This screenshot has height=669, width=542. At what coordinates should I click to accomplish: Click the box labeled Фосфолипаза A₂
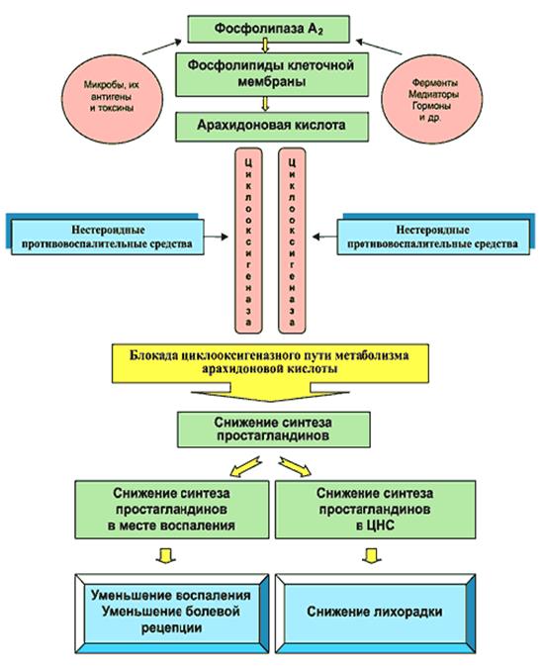pos(268,29)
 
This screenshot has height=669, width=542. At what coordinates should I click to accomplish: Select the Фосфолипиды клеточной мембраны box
pos(272,74)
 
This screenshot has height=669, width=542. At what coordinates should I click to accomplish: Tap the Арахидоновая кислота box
pos(272,127)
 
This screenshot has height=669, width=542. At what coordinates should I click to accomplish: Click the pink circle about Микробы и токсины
pos(112,96)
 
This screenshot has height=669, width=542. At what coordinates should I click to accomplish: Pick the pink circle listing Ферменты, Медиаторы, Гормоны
pos(432,99)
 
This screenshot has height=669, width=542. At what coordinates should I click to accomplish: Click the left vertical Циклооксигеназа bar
pos(248,240)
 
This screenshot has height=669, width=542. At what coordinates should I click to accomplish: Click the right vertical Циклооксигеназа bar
pos(292,240)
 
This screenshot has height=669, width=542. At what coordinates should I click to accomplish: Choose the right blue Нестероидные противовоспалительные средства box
pos(436,235)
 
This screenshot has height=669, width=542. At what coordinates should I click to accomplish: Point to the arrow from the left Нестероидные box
pos(217,237)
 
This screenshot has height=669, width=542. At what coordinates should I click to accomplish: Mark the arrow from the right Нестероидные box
pos(324,237)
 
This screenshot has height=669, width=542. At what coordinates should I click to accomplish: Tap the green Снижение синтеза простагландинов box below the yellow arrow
pos(273,430)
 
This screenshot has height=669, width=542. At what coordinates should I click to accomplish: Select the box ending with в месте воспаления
pos(172,510)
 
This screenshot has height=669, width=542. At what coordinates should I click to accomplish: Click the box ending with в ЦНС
pos(375,510)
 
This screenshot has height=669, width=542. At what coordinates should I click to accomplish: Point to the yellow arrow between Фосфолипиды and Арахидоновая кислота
pos(265,104)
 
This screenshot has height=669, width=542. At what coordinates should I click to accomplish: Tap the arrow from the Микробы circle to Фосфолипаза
pos(162,48)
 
